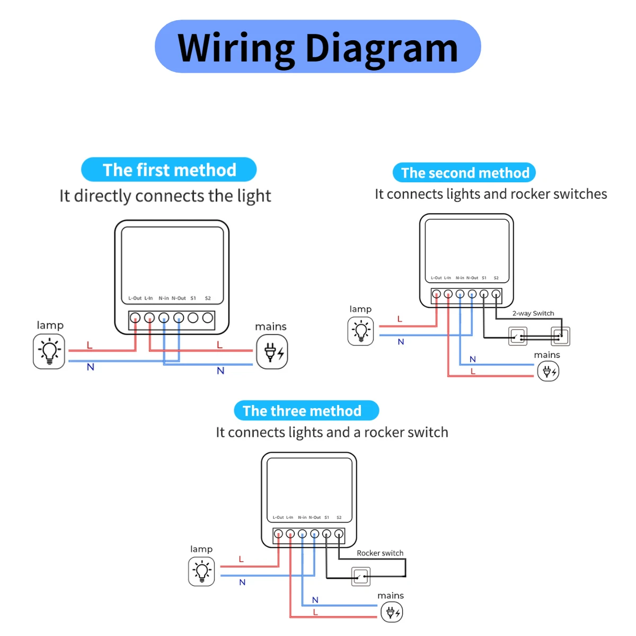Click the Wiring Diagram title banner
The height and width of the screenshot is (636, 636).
pyautogui.click(x=317, y=47)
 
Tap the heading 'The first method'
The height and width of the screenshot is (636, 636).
pyautogui.click(x=169, y=170)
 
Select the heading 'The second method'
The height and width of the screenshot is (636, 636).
pyautogui.click(x=465, y=173)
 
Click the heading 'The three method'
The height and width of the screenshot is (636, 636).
pyautogui.click(x=306, y=411)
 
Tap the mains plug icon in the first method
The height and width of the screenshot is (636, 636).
pyautogui.click(x=272, y=352)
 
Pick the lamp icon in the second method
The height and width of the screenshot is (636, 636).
pyautogui.click(x=361, y=331)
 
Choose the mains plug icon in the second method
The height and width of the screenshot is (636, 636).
pyautogui.click(x=548, y=371)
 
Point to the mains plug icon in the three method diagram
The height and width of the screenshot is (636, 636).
pyautogui.click(x=392, y=613)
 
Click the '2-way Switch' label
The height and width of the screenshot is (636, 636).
pyautogui.click(x=533, y=313)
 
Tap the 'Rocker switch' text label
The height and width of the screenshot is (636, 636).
pyautogui.click(x=380, y=553)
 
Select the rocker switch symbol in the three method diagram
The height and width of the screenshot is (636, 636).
pyautogui.click(x=361, y=576)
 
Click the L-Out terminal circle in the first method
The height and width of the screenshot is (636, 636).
pyautogui.click(x=135, y=318)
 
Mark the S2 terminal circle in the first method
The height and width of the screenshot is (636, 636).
pyautogui.click(x=208, y=318)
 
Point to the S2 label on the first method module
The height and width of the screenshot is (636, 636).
pyautogui.click(x=208, y=298)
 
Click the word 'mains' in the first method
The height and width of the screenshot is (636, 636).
pyautogui.click(x=271, y=326)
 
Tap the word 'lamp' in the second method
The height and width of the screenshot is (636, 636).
pyautogui.click(x=360, y=309)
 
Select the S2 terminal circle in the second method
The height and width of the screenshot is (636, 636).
pyautogui.click(x=496, y=294)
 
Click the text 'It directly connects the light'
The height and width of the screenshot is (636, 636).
pyautogui.click(x=165, y=196)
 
